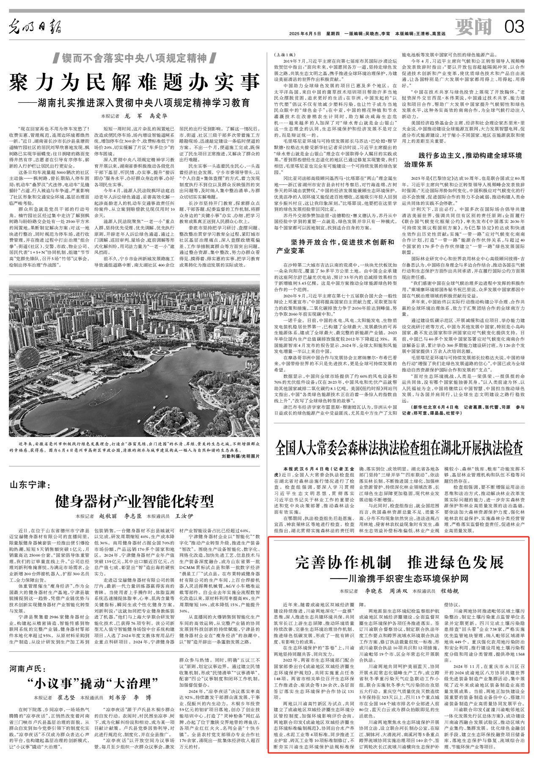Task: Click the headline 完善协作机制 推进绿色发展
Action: tap(399, 563)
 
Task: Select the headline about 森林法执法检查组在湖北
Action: tap(399, 447)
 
